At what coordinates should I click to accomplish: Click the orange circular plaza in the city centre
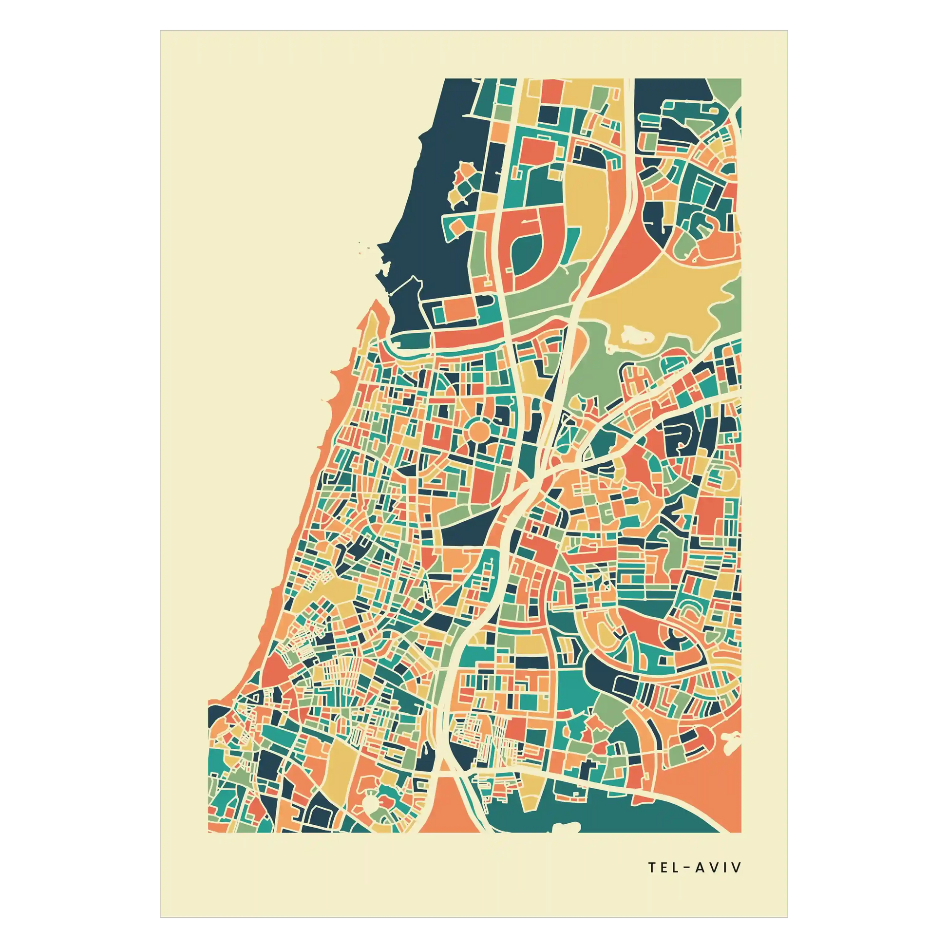(x=479, y=432)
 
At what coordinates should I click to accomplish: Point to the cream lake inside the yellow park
(x=636, y=336)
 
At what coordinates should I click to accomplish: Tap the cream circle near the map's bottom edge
(x=371, y=803)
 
